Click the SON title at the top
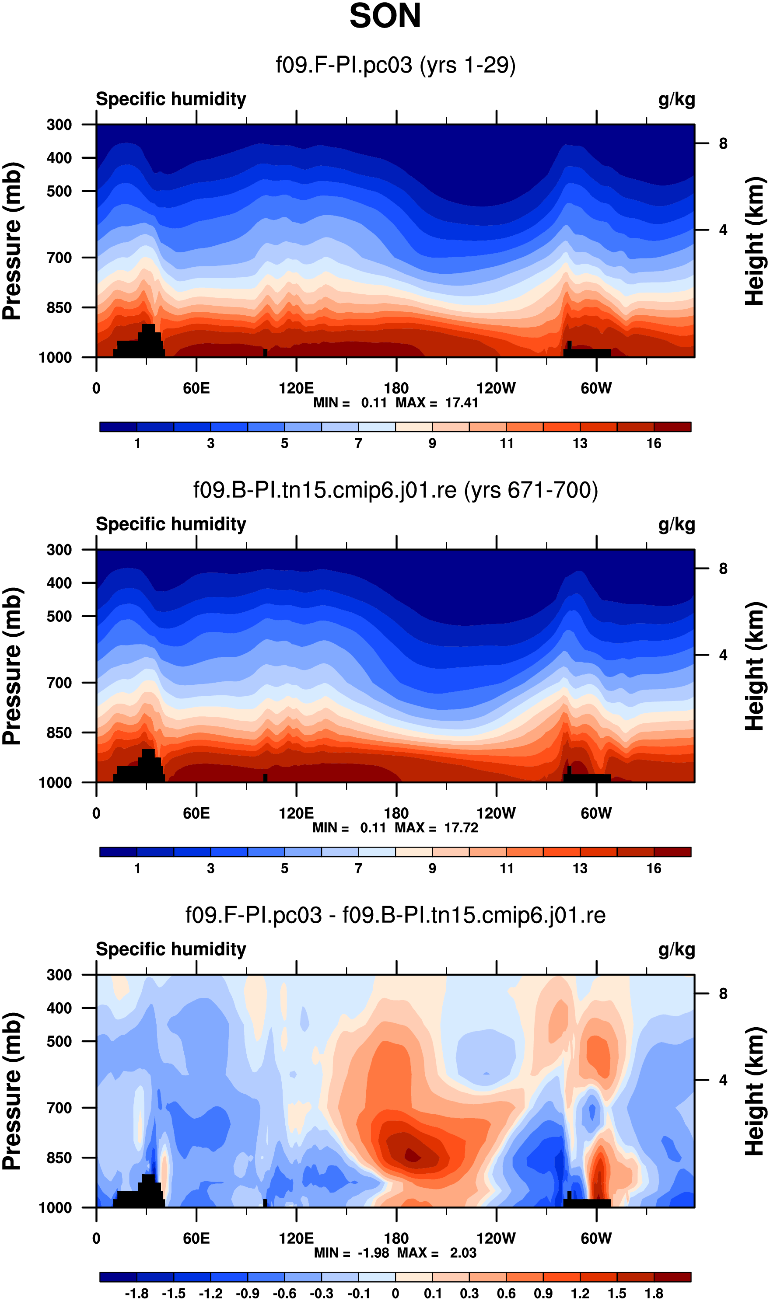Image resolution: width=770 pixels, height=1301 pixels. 385,17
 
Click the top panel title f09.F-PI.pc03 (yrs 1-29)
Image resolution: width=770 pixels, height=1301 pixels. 395,65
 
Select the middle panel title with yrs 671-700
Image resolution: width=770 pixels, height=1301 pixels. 395,490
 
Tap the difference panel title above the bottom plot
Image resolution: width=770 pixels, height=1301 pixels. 395,915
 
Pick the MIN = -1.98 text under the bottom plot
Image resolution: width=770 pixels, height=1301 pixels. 351,1253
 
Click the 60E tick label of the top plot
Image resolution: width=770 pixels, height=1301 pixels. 196,388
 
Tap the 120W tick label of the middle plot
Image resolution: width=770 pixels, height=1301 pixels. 496,813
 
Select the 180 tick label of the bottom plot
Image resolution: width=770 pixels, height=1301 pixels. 396,1238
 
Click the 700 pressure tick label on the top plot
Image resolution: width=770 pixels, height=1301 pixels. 59,258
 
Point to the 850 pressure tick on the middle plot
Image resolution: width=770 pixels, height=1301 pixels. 59,732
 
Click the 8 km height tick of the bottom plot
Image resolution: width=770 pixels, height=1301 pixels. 723,994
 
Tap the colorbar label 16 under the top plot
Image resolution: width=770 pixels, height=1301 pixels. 654,443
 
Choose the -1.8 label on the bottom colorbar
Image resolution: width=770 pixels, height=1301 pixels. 136,1294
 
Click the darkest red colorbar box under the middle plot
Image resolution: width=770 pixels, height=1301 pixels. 672,852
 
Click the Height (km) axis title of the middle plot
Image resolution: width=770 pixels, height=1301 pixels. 756,666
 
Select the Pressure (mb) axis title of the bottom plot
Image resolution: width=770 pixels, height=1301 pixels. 12,1092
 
